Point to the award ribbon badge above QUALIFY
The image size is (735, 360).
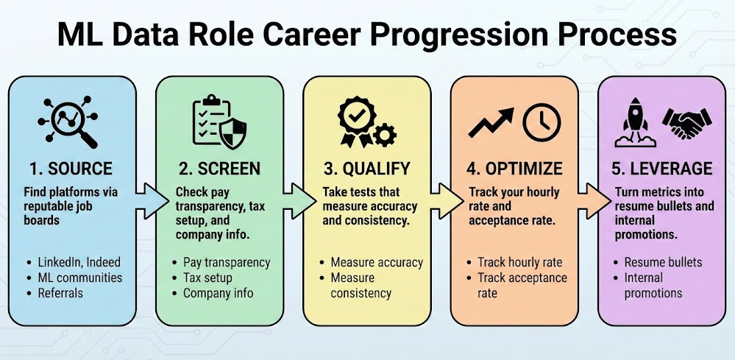pos(355,122)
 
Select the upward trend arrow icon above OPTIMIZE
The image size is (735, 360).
pos(491,123)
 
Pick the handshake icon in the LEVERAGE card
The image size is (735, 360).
pos(686,122)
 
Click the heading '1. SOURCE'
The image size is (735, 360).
pos(72,169)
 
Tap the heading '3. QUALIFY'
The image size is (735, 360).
pos(366,169)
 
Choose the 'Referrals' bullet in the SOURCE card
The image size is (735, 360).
pos(63,293)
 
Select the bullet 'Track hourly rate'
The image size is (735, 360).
pos(519,262)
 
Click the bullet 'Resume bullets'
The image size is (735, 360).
pos(663,262)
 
